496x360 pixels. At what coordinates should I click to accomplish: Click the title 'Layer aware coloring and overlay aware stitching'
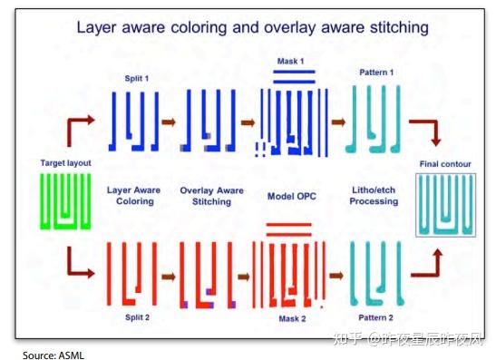point(252,28)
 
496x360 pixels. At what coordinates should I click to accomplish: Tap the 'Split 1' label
point(136,79)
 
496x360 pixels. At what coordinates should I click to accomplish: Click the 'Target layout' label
point(63,162)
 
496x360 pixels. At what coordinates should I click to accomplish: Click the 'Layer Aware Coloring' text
point(135,196)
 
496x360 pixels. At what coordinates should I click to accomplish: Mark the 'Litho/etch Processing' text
point(374,195)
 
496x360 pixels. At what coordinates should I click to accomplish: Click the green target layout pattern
point(63,200)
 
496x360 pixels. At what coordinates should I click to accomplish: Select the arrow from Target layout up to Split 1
point(77,128)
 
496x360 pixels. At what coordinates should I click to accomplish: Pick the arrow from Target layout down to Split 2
point(79,266)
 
